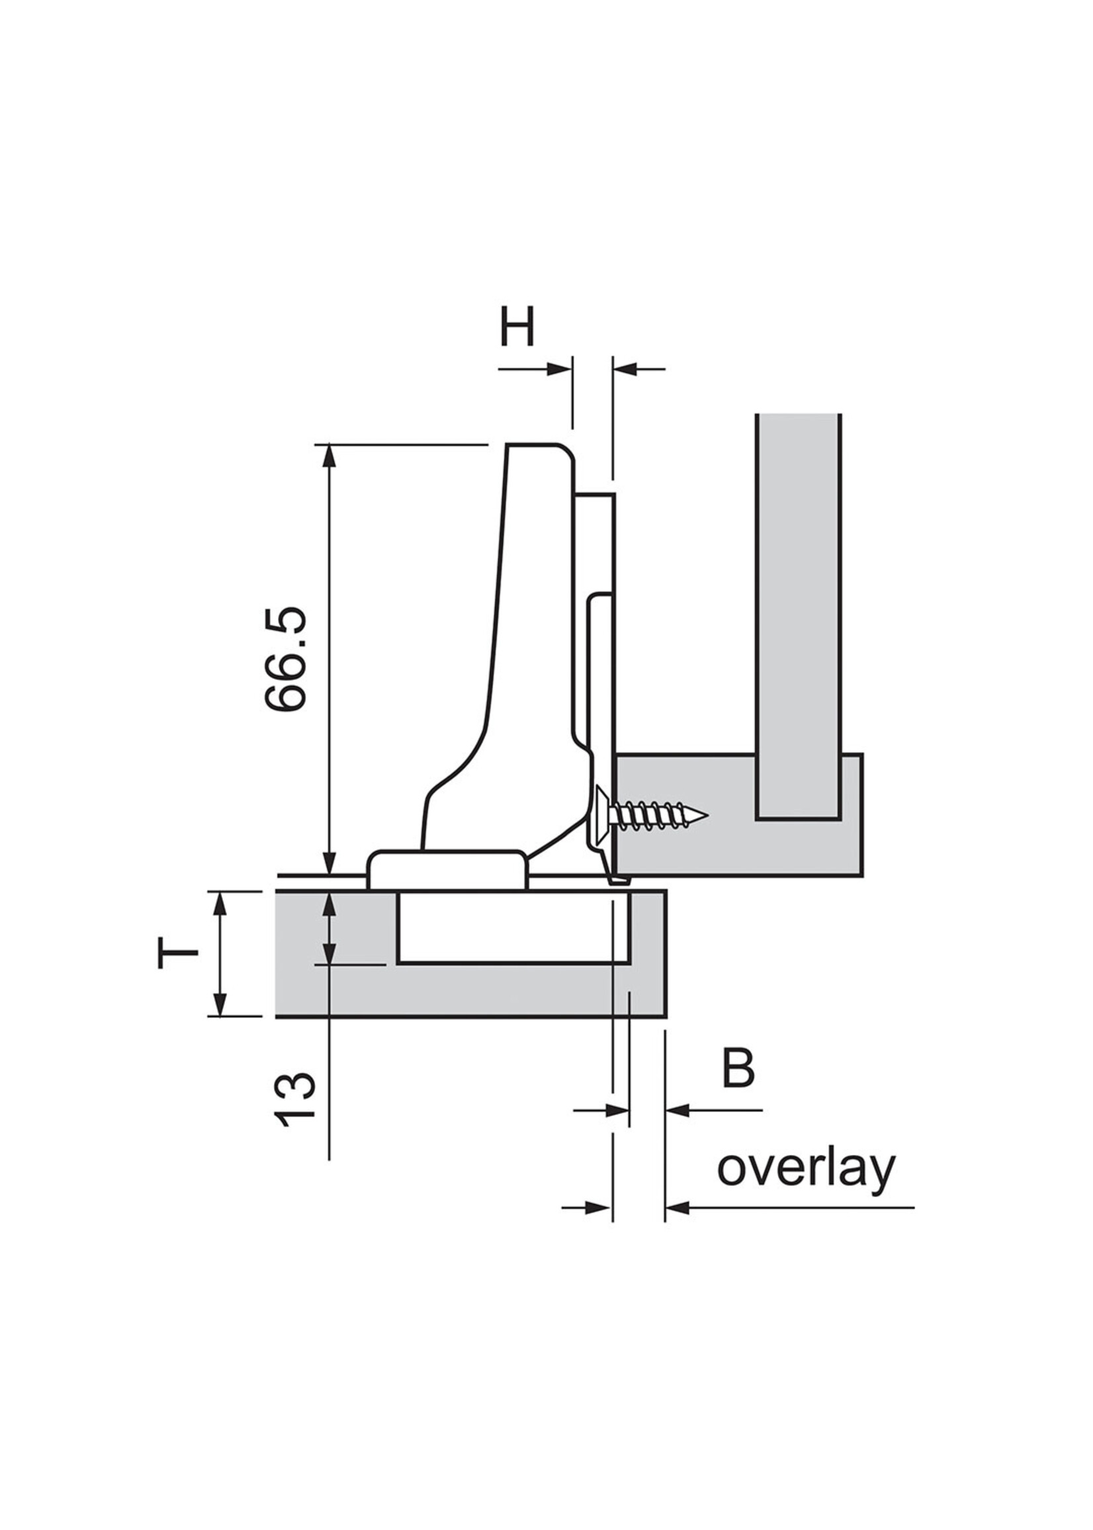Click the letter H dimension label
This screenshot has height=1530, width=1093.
coord(516,326)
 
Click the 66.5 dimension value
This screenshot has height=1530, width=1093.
coord(284,658)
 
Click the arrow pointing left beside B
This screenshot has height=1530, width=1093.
coord(677,1110)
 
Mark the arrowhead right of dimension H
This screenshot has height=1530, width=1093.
coord(625,368)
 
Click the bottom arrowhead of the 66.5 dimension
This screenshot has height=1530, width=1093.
coord(329,864)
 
